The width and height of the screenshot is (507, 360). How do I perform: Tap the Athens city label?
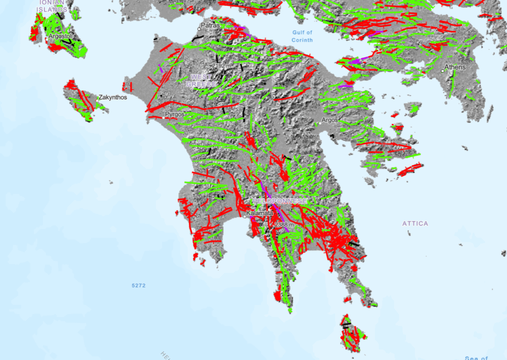coord(455,67)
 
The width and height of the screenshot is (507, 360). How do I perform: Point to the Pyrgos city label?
coord(174,114)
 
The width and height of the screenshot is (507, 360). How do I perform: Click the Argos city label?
coord(329,120)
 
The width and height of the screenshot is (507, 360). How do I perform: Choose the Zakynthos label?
coord(112,98)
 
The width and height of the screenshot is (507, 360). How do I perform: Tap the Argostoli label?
coord(60,36)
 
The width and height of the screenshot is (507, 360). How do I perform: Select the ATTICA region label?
coord(415,224)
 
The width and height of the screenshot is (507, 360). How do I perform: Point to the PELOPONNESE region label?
coord(279,201)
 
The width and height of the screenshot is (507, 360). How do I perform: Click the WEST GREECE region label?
coord(202,81)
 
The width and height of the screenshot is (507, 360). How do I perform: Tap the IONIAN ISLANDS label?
coord(52,5)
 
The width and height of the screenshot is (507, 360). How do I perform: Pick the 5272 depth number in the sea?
coord(140,286)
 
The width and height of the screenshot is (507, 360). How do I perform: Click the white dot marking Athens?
coord(443,71)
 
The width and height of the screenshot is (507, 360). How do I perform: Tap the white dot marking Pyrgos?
coord(164,118)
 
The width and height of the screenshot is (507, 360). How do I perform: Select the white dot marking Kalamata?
coord(245,216)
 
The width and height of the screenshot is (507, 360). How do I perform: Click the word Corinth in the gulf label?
coord(302,39)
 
